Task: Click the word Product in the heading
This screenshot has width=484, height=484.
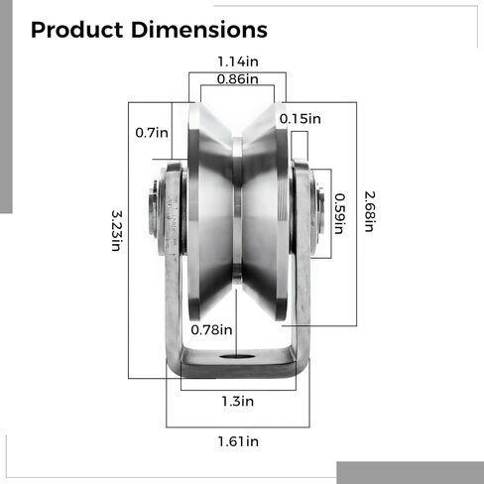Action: point(78,31)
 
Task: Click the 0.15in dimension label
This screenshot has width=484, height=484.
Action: point(301,119)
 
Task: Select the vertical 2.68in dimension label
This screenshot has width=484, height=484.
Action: point(367,210)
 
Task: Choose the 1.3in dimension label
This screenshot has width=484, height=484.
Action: point(237,402)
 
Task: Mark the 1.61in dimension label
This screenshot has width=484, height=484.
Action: point(237,440)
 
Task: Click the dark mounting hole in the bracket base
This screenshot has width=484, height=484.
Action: point(238,358)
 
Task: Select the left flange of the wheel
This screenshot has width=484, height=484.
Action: point(196,213)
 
